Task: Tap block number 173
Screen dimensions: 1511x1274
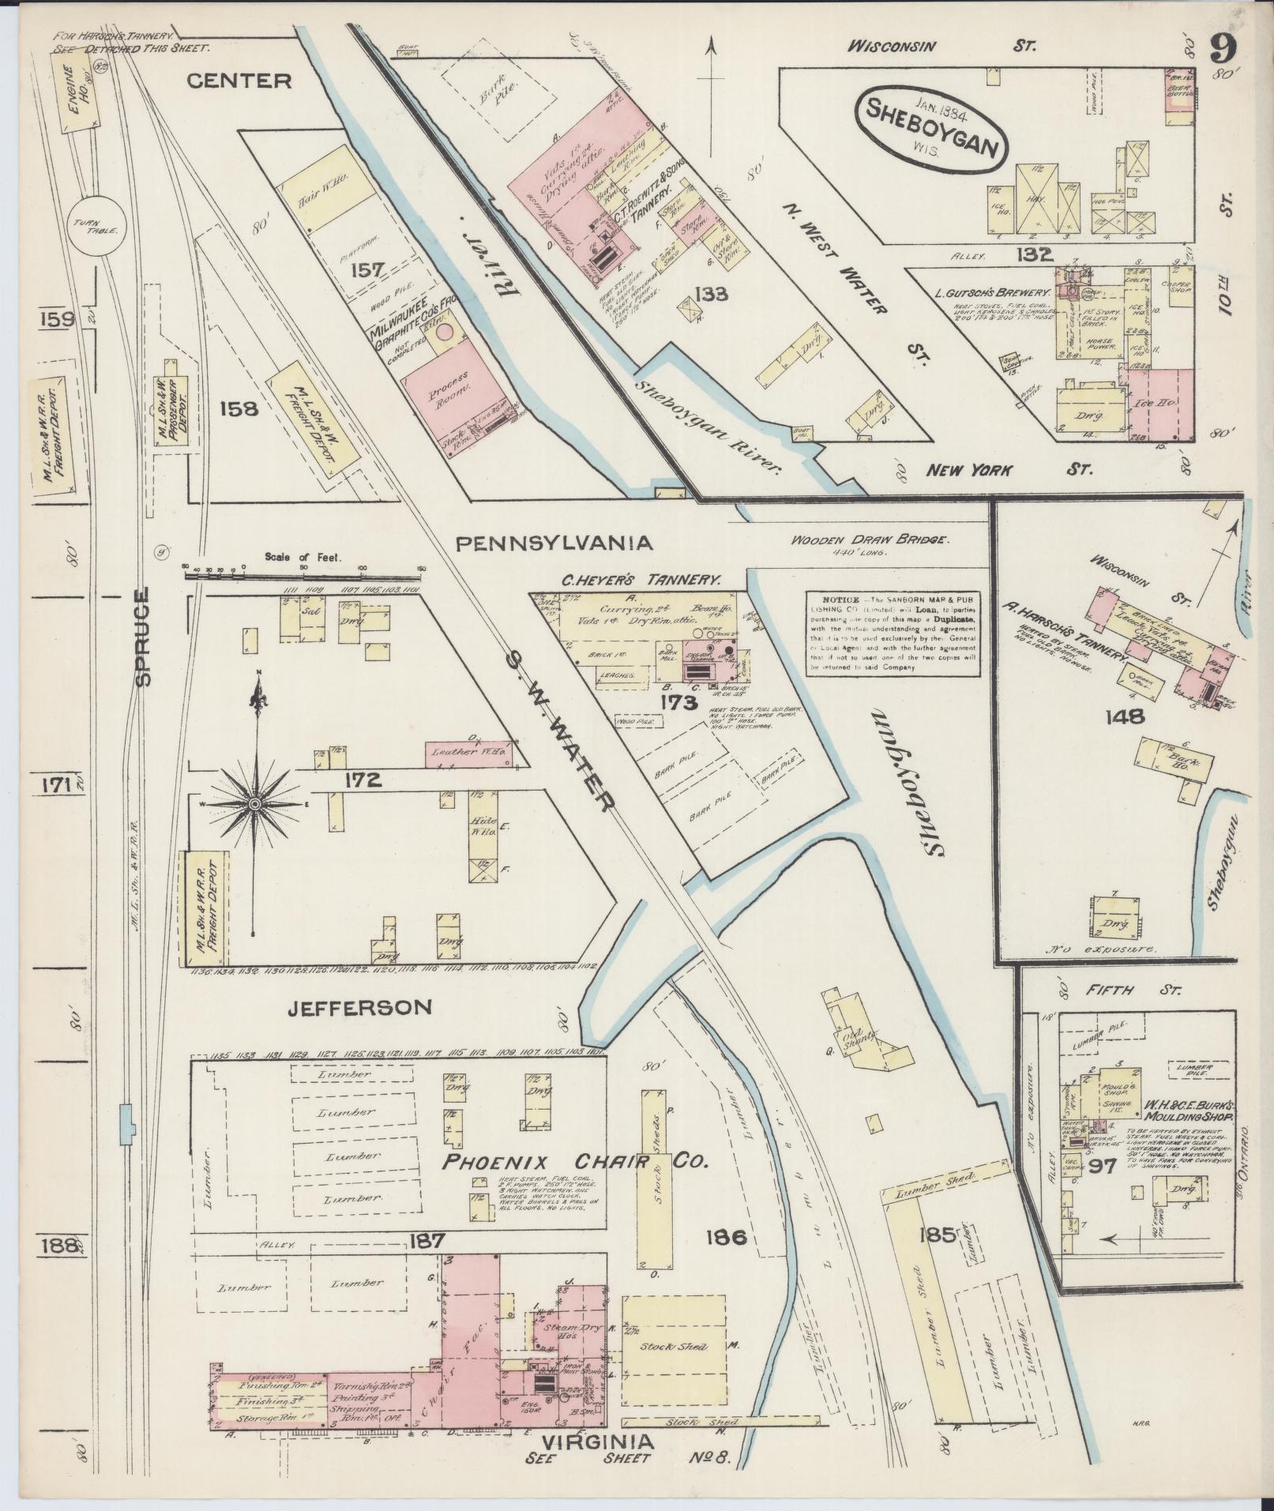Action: pyautogui.click(x=681, y=702)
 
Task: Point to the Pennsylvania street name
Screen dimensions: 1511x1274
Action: pyautogui.click(x=554, y=543)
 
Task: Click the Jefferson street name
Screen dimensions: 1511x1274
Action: pyautogui.click(x=359, y=1007)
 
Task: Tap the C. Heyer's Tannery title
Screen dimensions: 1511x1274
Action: pyautogui.click(x=641, y=579)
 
